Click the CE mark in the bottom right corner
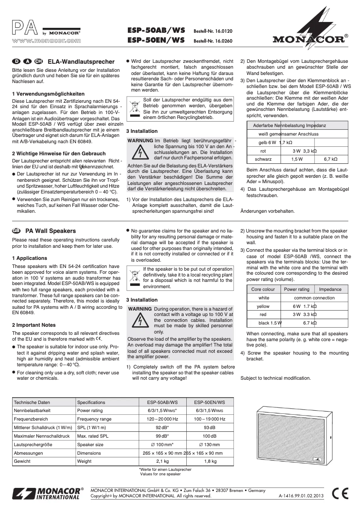click(341, 493)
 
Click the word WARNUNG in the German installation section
click(140, 140)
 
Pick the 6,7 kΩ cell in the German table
click(331, 159)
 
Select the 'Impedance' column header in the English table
click(330, 290)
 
